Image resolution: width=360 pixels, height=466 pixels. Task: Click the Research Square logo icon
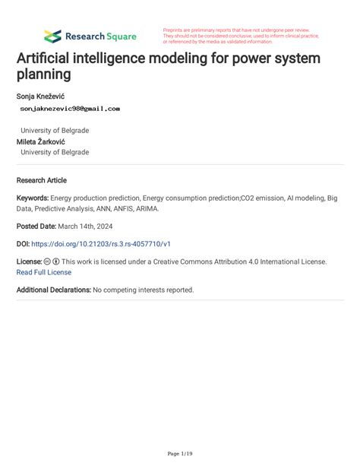coord(52,36)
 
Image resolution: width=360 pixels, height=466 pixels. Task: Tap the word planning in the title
coord(44,75)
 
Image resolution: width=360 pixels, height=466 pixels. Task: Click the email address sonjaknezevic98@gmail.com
coord(70,109)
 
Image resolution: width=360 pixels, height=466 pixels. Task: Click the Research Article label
coord(42,180)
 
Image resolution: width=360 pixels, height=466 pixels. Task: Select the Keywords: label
coord(33,198)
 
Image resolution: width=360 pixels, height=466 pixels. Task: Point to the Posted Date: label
coord(36,226)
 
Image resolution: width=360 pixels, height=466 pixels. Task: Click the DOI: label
coord(22,243)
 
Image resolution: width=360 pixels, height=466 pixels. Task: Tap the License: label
coord(29,262)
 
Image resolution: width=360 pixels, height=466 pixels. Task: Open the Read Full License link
coord(43,271)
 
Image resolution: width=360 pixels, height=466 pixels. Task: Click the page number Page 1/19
coord(179,454)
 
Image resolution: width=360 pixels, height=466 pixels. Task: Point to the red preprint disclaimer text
coord(241,36)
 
